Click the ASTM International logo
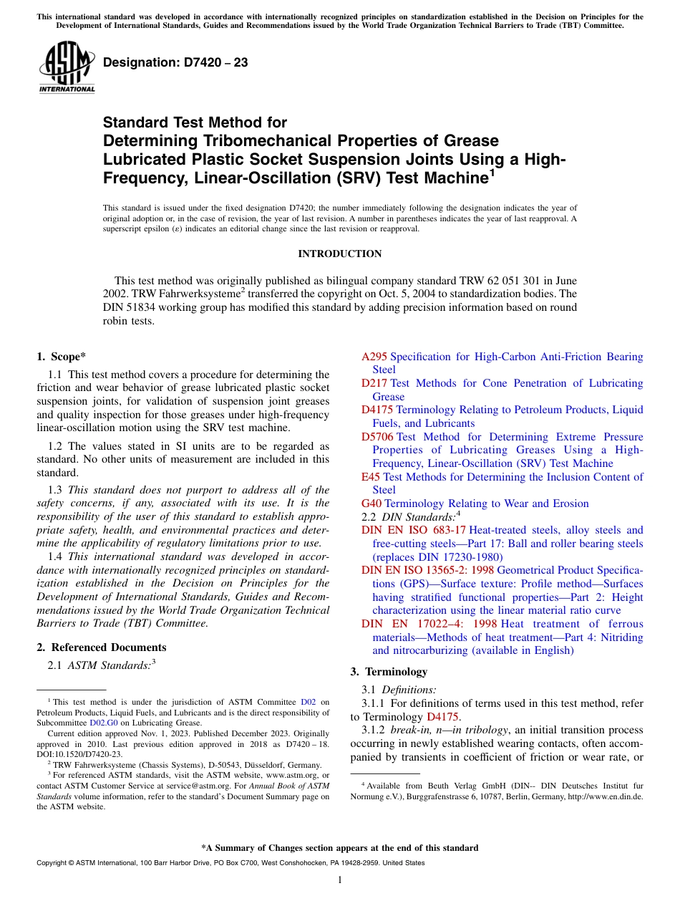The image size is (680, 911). (67, 67)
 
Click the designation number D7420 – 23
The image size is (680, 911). (175, 63)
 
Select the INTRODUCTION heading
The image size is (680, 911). (339, 254)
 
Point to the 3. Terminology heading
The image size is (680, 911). (389, 672)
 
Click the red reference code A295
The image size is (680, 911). (374, 357)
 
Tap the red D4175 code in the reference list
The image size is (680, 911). (377, 410)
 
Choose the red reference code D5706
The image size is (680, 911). (377, 437)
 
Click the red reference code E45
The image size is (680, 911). (371, 477)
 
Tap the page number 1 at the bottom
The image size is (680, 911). (340, 879)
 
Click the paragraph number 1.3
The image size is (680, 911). (55, 490)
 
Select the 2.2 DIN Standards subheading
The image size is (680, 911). (408, 516)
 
